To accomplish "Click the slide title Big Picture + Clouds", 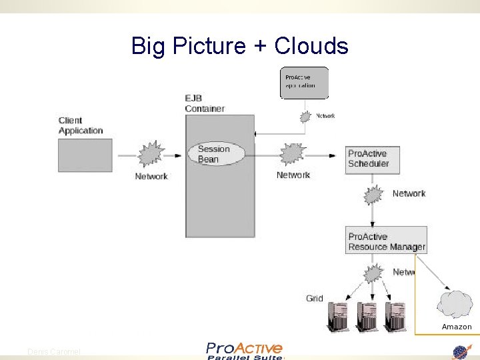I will (x=239, y=46).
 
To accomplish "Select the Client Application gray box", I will (x=85, y=155).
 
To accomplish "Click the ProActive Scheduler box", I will (x=373, y=159).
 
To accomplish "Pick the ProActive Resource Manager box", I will (x=387, y=241).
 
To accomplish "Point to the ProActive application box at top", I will (x=304, y=83).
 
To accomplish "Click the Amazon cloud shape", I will (x=455, y=304).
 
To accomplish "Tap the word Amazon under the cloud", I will (x=457, y=327).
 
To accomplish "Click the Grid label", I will (x=315, y=298).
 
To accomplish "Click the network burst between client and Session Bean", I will (x=150, y=155).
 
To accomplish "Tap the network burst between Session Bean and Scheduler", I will (x=291, y=155).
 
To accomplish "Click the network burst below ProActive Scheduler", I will (x=373, y=195).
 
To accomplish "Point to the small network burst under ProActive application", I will (x=305, y=117).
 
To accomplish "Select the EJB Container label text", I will (x=204, y=103).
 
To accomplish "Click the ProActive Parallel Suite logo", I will (x=244, y=351).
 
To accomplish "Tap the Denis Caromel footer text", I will (x=53, y=351).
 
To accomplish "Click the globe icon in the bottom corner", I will (x=461, y=352).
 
